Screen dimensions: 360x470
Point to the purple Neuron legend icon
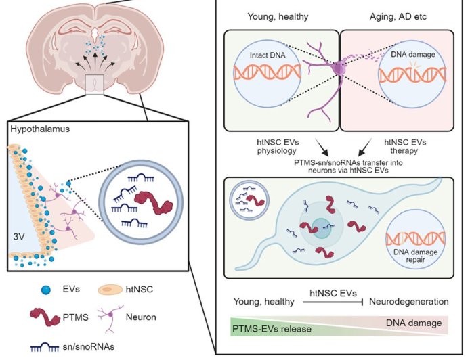click(108, 316)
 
